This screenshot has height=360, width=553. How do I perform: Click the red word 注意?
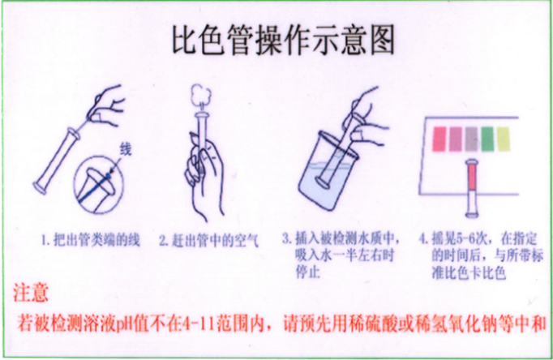click(x=32, y=290)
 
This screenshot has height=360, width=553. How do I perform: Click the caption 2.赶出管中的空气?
click(x=208, y=240)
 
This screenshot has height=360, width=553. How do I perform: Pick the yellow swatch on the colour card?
click(x=505, y=138)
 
